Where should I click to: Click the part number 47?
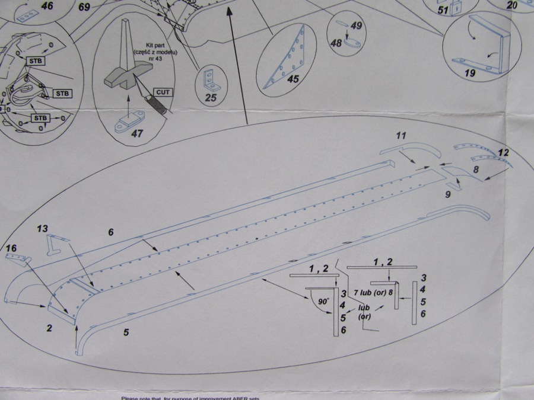click(x=137, y=133)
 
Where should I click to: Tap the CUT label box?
click(x=163, y=92)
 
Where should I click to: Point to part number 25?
click(x=211, y=98)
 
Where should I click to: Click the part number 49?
click(x=356, y=25)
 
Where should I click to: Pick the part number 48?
click(x=336, y=43)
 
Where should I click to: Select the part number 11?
click(x=401, y=136)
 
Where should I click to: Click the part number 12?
click(x=503, y=153)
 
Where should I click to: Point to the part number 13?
click(x=42, y=229)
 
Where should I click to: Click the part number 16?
click(x=11, y=247)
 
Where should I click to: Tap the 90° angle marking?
click(x=323, y=301)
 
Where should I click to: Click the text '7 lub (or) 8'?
click(x=374, y=293)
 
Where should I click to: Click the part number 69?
click(x=84, y=7)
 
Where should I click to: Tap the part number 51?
click(x=443, y=10)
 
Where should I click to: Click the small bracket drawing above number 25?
click(x=210, y=78)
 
